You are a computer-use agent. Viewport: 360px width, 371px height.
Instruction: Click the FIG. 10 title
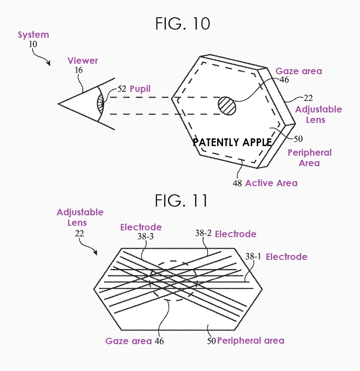[183, 23]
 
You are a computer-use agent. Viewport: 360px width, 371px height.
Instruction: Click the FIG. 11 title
[181, 200]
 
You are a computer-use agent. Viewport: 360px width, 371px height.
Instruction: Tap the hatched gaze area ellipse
[227, 106]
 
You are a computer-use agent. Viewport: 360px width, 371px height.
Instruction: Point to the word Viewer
[82, 61]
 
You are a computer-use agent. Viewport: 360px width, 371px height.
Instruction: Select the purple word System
[33, 35]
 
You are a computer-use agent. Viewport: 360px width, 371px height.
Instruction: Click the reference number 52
[122, 89]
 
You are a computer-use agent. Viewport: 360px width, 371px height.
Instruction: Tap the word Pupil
[140, 89]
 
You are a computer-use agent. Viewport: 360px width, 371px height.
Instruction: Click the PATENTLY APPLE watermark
[232, 142]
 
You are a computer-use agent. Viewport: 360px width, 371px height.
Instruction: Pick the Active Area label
[271, 183]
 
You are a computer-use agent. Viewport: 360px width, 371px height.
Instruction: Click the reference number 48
[237, 183]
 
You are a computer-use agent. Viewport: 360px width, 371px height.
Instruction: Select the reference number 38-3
[146, 236]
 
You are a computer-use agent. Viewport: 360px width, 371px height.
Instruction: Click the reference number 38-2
[203, 233]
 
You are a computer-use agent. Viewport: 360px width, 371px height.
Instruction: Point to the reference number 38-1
[253, 256]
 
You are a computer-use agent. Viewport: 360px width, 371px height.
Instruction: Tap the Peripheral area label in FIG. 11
[250, 341]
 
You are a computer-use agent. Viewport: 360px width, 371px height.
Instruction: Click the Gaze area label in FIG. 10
[299, 71]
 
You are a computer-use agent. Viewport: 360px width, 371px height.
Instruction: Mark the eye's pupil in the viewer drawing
[101, 104]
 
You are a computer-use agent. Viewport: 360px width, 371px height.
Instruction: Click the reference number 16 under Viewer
[79, 70]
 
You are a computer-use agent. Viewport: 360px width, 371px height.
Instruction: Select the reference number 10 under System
[33, 44]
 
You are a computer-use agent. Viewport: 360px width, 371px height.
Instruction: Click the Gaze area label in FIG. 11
[128, 341]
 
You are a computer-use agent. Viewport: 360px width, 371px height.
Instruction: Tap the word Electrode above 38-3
[141, 227]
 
